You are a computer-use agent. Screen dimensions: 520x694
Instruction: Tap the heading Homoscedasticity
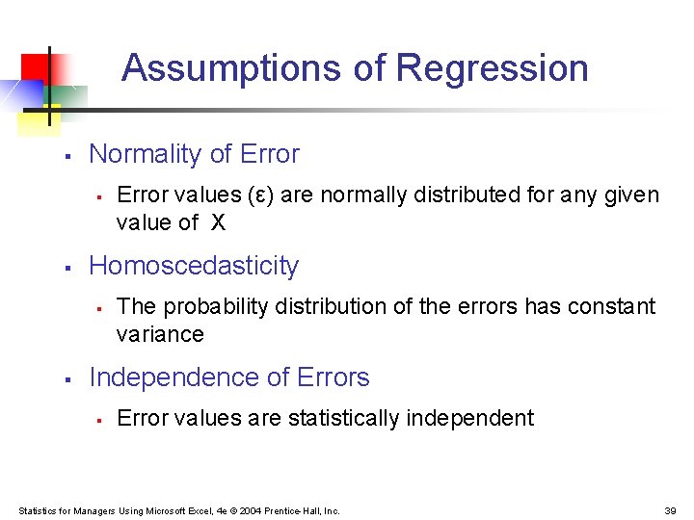194,266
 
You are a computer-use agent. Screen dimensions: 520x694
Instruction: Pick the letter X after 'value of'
218,222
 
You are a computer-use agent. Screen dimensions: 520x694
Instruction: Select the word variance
160,334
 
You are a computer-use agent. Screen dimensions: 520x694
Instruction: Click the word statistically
342,418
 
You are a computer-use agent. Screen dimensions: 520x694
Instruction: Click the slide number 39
670,510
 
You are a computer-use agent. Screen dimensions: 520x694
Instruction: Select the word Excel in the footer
197,510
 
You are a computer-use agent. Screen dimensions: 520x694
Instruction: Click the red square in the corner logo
35,67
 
